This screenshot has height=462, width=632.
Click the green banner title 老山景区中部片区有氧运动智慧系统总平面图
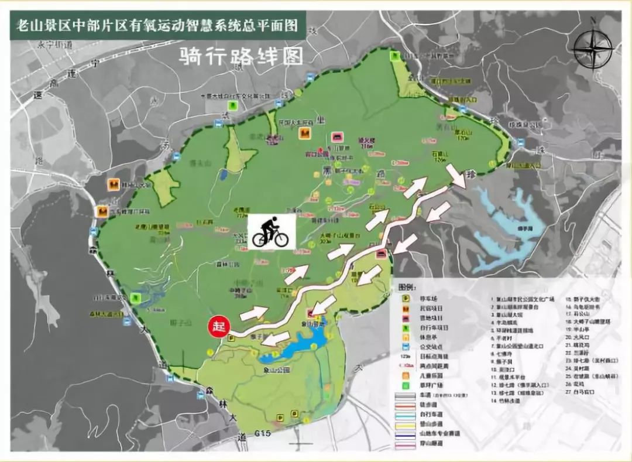157,26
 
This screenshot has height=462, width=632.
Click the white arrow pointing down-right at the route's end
456,175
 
